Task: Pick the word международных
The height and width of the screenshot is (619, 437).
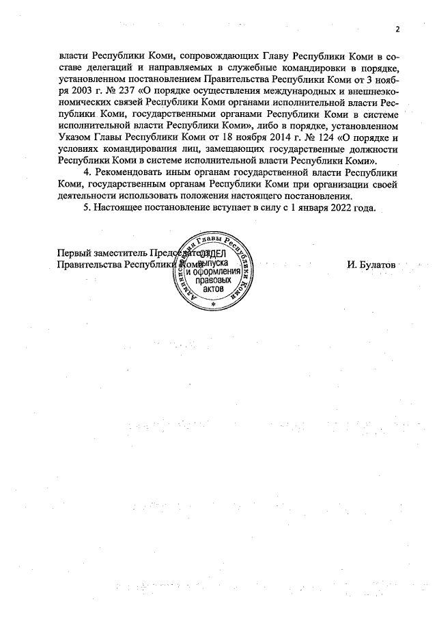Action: coord(264,90)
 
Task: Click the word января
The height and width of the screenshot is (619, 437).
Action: coord(305,208)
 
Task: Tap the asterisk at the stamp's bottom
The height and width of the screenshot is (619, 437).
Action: coord(214,304)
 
